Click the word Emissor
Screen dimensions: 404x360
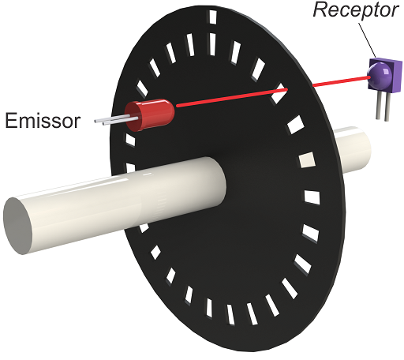pos(43,121)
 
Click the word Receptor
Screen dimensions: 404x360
pos(356,11)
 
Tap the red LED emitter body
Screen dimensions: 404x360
pos(149,114)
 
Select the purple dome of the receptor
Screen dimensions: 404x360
pos(378,77)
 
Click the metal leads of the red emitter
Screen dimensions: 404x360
pos(116,121)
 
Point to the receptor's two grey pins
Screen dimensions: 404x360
pos(383,106)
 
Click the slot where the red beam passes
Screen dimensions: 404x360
pos(279,94)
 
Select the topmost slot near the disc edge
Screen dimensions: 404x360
pos(212,17)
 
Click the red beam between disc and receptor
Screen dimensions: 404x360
pos(341,81)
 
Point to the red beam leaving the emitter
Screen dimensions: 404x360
pos(232,97)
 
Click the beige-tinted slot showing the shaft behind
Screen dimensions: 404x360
pos(307,160)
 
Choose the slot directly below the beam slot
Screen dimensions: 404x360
pos(296,125)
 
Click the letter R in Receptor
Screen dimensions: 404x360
pos(320,10)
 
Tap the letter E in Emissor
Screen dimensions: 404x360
pos(10,121)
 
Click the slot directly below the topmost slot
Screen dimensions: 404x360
pos(212,44)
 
